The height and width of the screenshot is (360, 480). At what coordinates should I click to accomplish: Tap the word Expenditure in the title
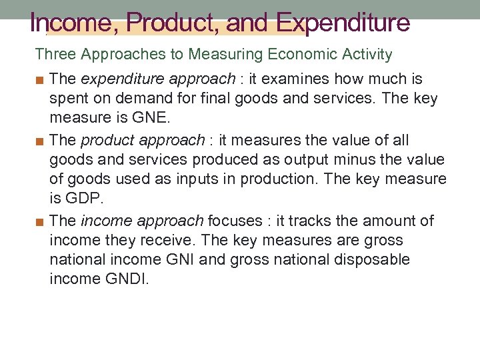click(343, 23)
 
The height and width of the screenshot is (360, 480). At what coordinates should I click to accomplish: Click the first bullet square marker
click(40, 79)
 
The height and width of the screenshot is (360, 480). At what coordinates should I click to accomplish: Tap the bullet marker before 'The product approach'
click(40, 141)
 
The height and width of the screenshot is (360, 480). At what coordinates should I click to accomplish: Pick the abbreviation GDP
click(85, 199)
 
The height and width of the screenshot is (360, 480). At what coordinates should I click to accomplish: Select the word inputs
click(202, 179)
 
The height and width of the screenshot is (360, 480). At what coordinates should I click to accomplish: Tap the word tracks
click(273, 221)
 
